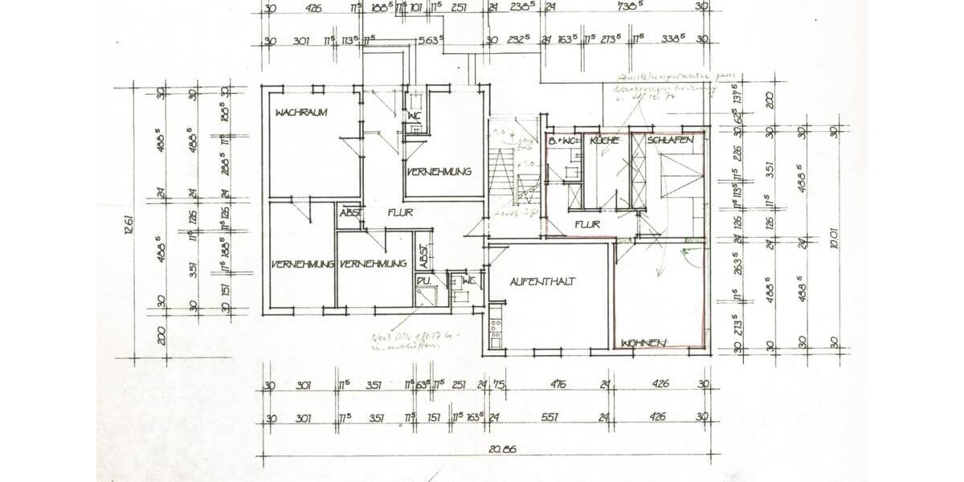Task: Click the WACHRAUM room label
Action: [x=301, y=113]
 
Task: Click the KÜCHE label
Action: [x=604, y=141]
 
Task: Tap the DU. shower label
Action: [x=423, y=281]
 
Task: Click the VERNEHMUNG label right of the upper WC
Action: [x=438, y=172]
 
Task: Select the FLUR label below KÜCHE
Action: [x=586, y=224]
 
